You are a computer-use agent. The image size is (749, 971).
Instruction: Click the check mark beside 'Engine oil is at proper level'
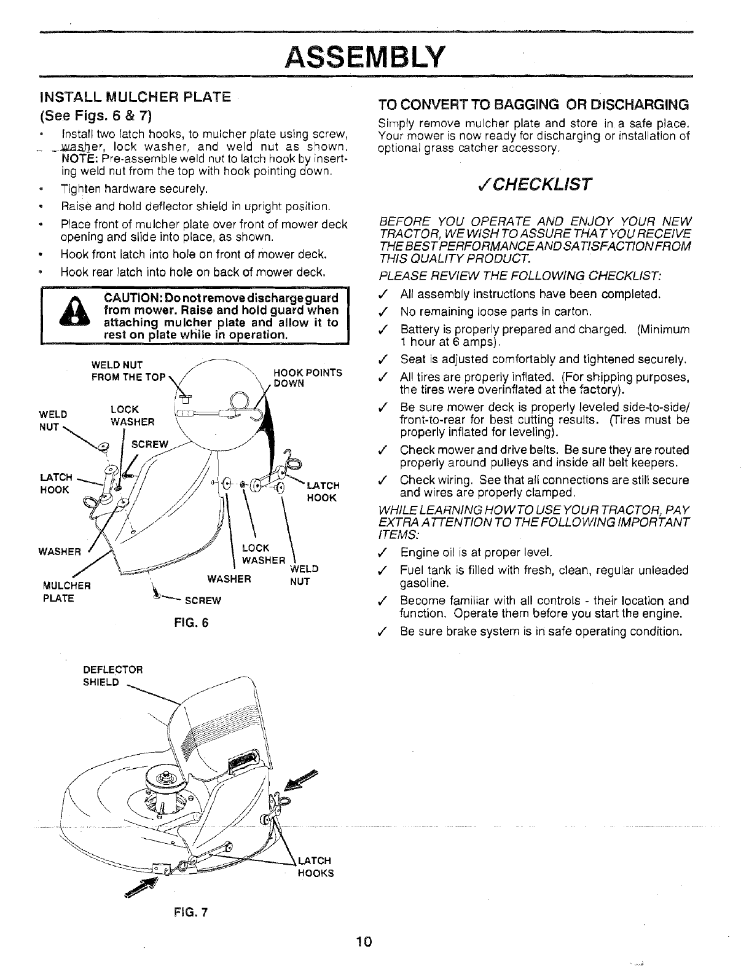tap(384, 552)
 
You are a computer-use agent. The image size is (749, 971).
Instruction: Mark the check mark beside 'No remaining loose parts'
tap(384, 311)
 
